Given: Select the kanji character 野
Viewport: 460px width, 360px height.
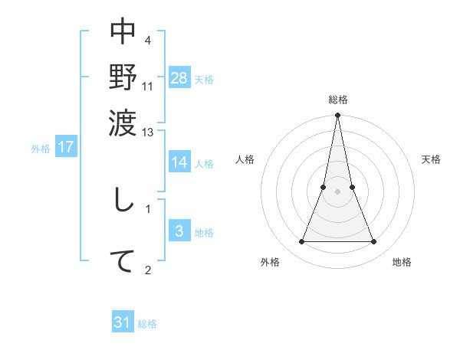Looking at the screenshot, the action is (123, 77).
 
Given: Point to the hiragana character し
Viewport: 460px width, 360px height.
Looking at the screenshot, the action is (123, 203).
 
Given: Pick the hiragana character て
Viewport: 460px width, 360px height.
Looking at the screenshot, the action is (123, 261).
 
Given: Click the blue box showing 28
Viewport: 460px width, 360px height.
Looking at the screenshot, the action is (179, 77).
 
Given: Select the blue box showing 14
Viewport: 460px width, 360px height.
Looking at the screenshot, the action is (179, 162).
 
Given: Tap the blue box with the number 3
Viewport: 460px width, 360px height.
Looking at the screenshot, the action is (179, 231).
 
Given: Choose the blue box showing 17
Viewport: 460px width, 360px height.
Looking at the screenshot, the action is (65, 147).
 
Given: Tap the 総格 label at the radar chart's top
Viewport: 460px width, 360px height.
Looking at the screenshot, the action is (337, 100).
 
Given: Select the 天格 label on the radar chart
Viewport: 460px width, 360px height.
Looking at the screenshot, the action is (431, 159).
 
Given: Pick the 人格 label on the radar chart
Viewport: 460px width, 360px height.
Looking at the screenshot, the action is (245, 159).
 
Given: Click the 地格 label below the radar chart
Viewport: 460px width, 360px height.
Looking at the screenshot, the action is (402, 262).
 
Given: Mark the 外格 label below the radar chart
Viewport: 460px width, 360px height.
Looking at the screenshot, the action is (270, 262).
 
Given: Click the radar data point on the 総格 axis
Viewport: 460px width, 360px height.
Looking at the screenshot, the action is (337, 116).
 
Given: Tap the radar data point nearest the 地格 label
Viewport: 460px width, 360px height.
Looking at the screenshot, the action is (374, 242).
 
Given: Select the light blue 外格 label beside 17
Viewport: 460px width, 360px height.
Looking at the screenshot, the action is (40, 149).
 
